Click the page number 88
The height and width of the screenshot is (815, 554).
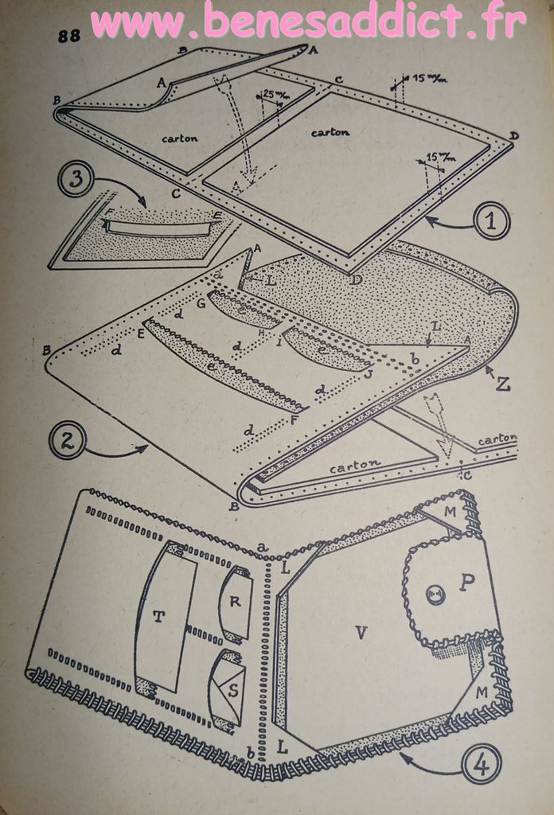pyautogui.click(x=68, y=36)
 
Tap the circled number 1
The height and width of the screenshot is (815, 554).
pyautogui.click(x=490, y=220)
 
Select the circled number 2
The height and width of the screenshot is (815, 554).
pyautogui.click(x=67, y=440)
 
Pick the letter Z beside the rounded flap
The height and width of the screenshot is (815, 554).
pyautogui.click(x=503, y=384)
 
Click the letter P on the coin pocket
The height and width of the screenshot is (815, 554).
pyautogui.click(x=468, y=581)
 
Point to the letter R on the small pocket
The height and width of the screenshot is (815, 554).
pyautogui.click(x=235, y=602)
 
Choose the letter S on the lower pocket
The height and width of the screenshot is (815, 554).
pyautogui.click(x=232, y=689)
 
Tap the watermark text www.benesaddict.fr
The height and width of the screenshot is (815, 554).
pyautogui.click(x=308, y=21)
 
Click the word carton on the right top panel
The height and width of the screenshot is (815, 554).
pyautogui.click(x=330, y=132)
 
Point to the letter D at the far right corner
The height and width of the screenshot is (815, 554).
pyautogui.click(x=514, y=136)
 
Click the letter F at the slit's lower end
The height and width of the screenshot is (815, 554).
pyautogui.click(x=295, y=419)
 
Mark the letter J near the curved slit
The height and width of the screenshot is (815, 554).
pyautogui.click(x=369, y=372)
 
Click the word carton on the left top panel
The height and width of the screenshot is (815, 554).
pyautogui.click(x=179, y=137)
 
